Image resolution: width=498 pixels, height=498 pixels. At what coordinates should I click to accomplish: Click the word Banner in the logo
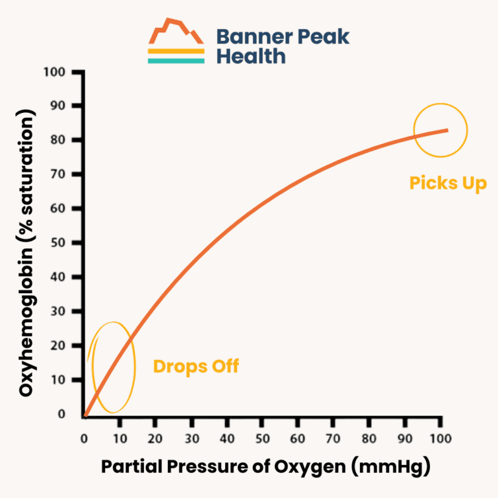pyautogui.click(x=249, y=36)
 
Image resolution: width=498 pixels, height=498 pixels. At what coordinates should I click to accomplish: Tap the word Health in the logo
pyautogui.click(x=250, y=56)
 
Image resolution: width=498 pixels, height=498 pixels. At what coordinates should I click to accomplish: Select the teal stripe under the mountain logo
pyautogui.click(x=176, y=60)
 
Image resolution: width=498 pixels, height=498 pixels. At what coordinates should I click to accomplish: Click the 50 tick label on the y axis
pyautogui.click(x=59, y=243)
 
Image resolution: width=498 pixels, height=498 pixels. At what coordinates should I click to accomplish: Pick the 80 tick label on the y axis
pyautogui.click(x=59, y=140)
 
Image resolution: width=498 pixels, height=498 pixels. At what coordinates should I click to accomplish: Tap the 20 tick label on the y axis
pyautogui.click(x=59, y=346)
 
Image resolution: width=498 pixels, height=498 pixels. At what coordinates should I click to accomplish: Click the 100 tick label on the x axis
pyautogui.click(x=440, y=439)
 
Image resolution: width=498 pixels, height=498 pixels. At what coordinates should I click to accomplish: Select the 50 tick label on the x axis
pyautogui.click(x=262, y=439)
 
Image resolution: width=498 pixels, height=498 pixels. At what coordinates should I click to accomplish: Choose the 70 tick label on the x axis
pyautogui.click(x=333, y=439)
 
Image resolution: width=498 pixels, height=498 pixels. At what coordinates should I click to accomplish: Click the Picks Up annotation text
pyautogui.click(x=447, y=184)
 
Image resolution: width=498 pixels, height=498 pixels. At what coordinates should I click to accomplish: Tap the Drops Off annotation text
pyautogui.click(x=196, y=366)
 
